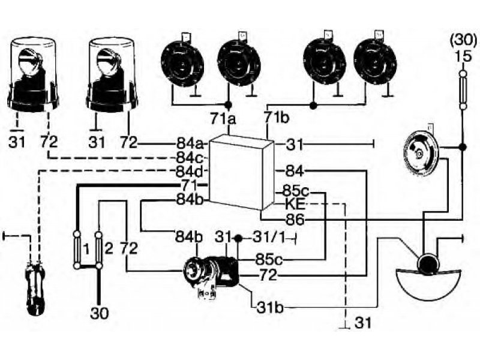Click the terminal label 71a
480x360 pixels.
point(223,118)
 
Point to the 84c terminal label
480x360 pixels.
point(190,158)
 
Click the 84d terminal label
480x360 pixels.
point(190,172)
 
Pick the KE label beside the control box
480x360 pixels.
point(295,203)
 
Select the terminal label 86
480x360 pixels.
point(295,219)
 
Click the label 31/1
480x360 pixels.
point(269,238)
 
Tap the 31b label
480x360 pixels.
point(270,308)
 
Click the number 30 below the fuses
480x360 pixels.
point(100,313)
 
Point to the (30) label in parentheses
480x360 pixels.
point(463,40)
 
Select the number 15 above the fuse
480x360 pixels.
point(463,56)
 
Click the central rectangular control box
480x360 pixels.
point(241,173)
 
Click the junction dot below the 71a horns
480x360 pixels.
point(228,105)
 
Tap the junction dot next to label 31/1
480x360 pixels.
point(238,238)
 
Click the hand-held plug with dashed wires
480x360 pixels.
point(35,287)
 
